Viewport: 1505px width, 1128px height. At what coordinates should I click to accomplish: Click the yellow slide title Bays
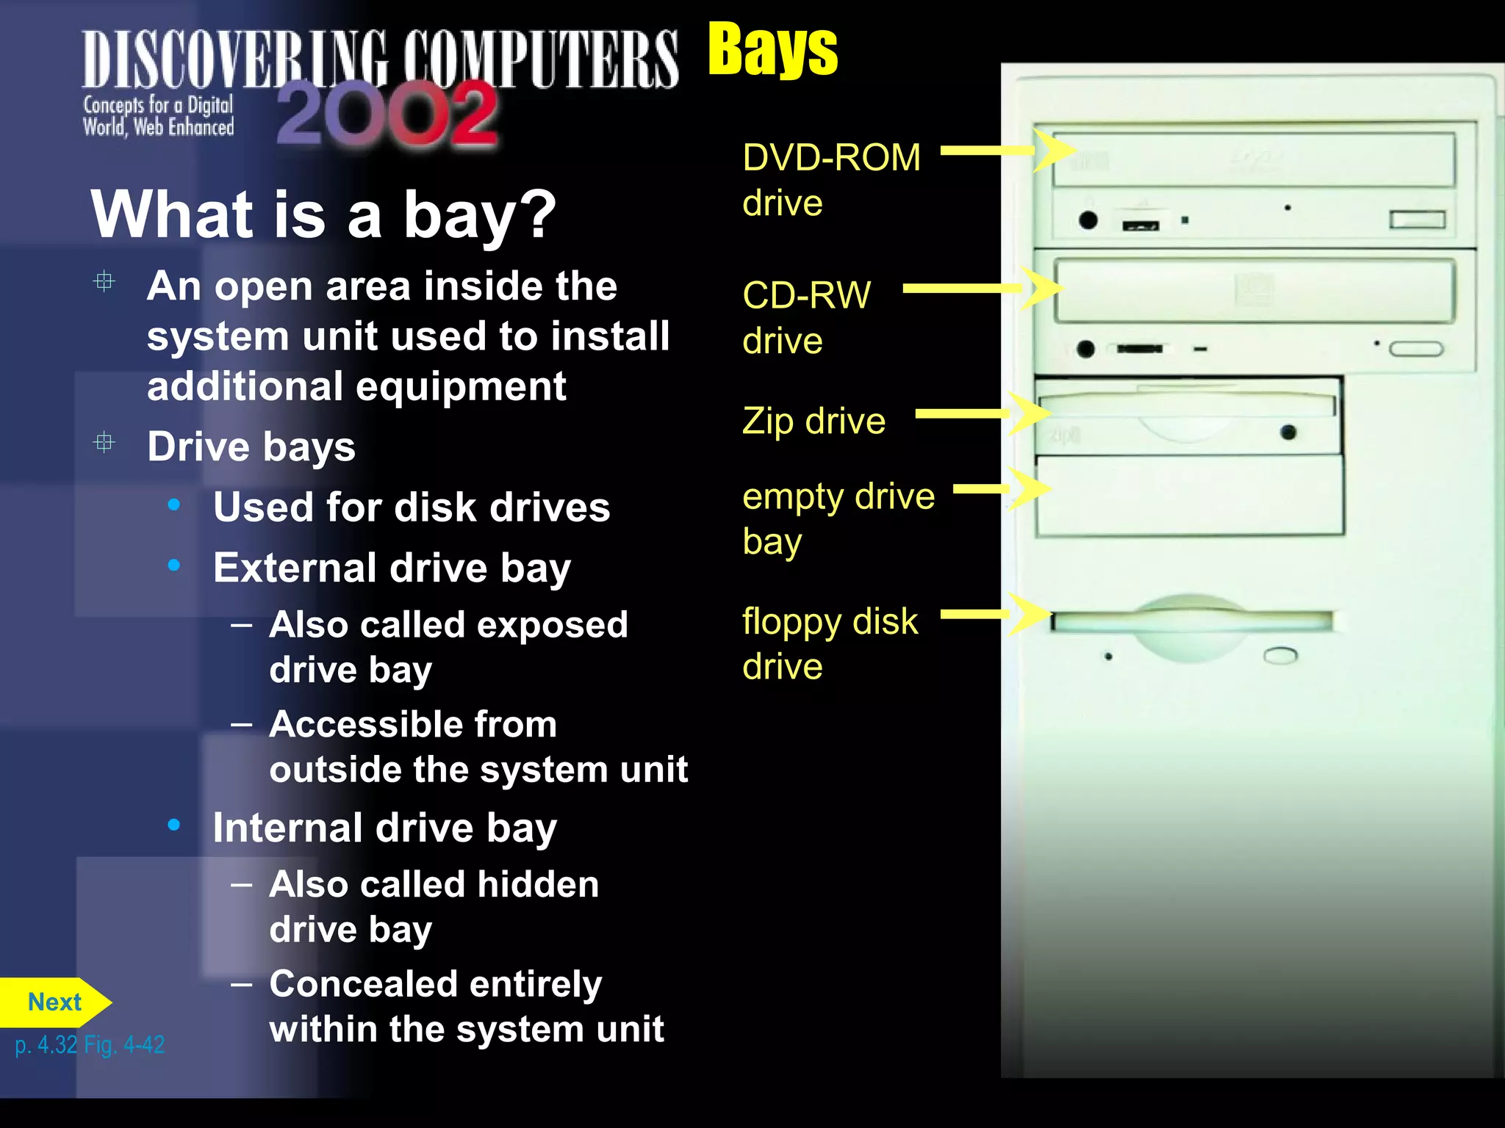coord(772,50)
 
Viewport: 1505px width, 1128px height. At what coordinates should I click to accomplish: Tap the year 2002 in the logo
coord(387,114)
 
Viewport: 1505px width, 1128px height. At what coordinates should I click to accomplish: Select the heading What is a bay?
coord(323,214)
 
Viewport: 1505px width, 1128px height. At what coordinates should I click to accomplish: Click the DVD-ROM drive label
coord(830,180)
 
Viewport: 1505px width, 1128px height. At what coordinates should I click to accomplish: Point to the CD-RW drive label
coord(806,317)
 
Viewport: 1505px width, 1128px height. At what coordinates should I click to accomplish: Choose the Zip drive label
coord(813,422)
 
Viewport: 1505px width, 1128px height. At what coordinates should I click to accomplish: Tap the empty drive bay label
coord(838,518)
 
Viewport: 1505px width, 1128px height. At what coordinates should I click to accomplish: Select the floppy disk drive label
coord(830,643)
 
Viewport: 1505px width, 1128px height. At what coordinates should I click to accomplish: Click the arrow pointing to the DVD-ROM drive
coord(1007,151)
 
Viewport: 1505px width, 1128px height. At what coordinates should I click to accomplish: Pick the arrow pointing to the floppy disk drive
coord(996,615)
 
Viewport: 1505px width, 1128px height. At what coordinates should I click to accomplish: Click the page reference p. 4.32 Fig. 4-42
coord(90,1045)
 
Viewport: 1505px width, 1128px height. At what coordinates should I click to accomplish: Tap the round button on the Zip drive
coord(1287,433)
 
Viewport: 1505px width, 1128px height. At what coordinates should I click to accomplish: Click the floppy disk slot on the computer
coord(1190,622)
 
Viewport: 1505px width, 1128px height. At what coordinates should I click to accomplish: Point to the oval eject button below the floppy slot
coord(1280,655)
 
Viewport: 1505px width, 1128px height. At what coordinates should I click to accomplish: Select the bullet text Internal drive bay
coord(384,828)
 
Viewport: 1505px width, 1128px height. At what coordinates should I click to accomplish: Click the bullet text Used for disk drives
coord(412,507)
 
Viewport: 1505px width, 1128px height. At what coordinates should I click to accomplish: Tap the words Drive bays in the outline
coord(251,446)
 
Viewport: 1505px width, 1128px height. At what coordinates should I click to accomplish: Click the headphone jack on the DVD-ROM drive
coord(1088,220)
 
